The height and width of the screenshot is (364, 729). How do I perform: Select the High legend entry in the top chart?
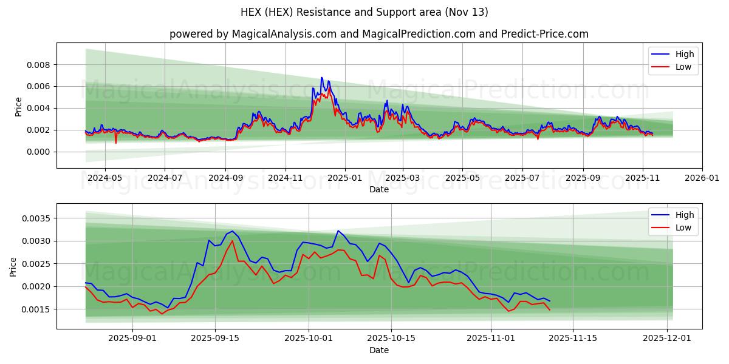click(685, 54)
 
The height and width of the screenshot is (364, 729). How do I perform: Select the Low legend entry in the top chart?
click(683, 67)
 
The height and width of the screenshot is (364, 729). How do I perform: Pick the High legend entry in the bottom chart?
click(685, 215)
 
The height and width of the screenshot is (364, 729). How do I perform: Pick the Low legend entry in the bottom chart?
click(683, 227)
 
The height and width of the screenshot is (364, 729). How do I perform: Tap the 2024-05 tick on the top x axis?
click(105, 178)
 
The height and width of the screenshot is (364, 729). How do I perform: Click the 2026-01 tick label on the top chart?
click(702, 178)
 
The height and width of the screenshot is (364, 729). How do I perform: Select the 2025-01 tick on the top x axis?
click(344, 178)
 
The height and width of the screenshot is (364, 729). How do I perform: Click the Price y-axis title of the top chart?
click(18, 107)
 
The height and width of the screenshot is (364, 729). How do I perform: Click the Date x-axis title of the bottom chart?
click(379, 351)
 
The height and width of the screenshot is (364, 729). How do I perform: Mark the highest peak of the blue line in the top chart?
click(321, 78)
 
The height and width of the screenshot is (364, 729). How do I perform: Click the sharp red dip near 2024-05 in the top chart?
click(115, 143)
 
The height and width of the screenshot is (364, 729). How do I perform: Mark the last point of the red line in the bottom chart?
click(550, 310)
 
